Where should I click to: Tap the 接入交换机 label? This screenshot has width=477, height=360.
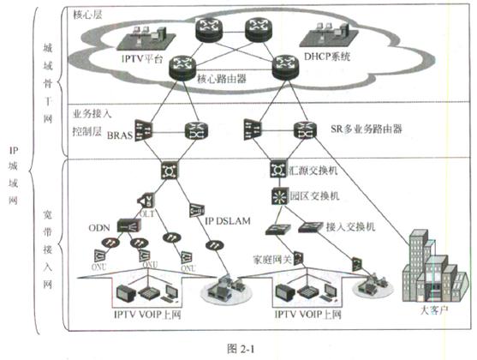[349, 228]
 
